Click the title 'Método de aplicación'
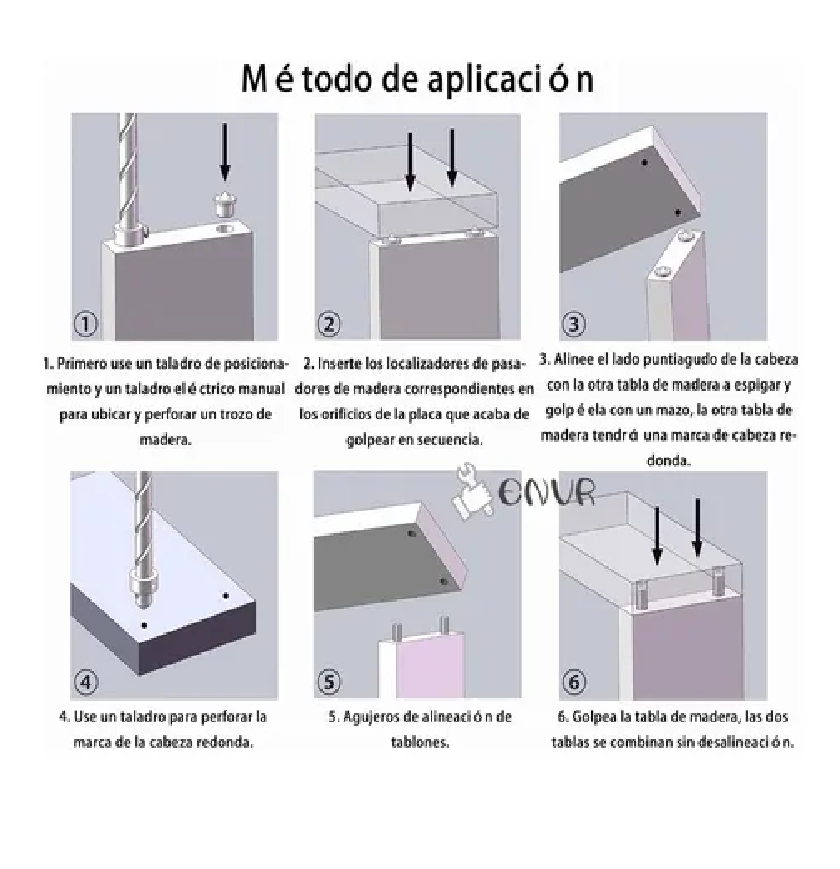click(417, 79)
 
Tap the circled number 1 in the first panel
click(86, 325)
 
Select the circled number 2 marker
click(329, 325)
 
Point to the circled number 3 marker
click(573, 325)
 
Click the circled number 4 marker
click(86, 682)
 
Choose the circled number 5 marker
click(329, 682)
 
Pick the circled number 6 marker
click(573, 682)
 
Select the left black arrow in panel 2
click(410, 161)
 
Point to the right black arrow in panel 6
click(697, 528)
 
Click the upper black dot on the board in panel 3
click(645, 163)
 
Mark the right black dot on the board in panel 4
click(225, 596)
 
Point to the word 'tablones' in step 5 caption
click(420, 742)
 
